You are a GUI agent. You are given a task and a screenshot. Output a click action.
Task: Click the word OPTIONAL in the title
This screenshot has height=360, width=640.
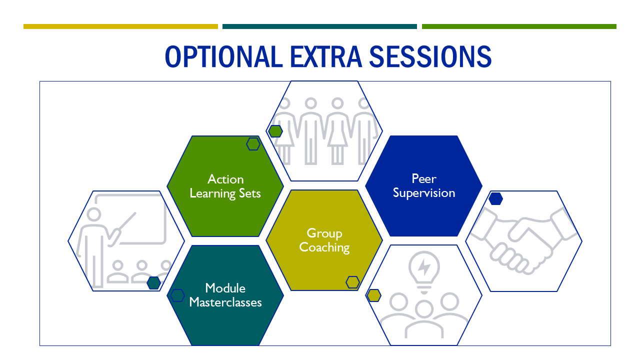point(223,57)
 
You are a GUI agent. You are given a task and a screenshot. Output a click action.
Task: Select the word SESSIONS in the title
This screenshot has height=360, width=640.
point(430,57)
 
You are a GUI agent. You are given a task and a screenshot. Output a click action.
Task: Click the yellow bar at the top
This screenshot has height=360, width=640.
point(120,26)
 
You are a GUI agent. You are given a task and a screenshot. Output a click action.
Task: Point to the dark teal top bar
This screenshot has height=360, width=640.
point(319,26)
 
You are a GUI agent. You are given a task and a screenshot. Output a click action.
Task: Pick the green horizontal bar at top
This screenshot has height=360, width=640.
point(519,26)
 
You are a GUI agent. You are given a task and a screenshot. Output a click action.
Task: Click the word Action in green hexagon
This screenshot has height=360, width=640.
point(225,179)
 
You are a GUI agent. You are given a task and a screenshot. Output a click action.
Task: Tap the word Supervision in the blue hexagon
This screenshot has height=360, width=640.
point(424,193)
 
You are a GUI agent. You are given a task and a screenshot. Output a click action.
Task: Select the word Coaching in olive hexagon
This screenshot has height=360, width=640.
point(324,247)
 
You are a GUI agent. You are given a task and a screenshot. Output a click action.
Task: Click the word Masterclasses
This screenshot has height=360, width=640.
point(225,302)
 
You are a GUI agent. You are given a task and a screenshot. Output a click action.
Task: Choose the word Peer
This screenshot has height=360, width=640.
point(424,179)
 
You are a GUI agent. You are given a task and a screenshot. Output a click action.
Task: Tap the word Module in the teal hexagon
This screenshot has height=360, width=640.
point(225,288)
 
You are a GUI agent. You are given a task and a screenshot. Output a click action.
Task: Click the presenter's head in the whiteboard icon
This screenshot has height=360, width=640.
point(93,214)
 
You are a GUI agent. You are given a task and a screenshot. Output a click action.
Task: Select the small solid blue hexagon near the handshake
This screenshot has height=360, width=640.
point(495,198)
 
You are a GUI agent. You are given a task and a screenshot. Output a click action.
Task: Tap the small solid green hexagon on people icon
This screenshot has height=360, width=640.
point(275,131)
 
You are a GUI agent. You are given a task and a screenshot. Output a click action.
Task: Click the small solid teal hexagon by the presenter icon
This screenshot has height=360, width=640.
point(153,283)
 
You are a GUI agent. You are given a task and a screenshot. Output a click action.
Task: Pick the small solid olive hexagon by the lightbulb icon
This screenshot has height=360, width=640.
point(374,295)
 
